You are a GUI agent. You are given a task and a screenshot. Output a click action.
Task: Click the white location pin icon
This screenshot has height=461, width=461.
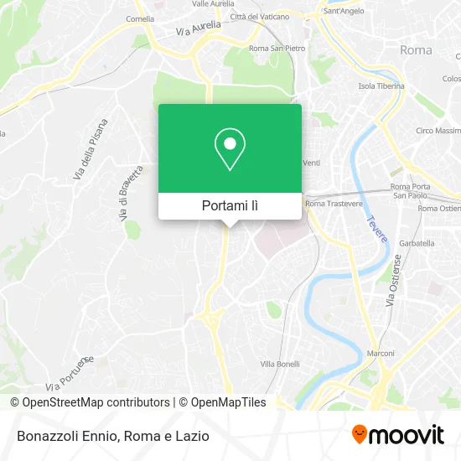[x=230, y=149]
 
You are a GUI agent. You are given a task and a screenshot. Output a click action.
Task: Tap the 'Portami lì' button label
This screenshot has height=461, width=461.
[x=230, y=205]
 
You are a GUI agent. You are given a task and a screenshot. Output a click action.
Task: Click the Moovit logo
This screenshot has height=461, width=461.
[x=398, y=435]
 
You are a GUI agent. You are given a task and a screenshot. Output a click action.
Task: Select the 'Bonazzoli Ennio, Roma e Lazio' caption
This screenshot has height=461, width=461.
[x=111, y=436]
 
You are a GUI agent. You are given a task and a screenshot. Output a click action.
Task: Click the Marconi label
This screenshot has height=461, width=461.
[x=381, y=353]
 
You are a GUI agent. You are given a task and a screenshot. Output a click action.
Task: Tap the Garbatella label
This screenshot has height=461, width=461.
[x=417, y=243]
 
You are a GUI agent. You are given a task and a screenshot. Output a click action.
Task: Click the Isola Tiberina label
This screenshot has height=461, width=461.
[x=381, y=85]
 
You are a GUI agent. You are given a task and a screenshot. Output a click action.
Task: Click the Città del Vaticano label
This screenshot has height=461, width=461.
[x=260, y=17]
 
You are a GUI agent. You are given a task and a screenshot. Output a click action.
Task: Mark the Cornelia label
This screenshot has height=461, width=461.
[x=139, y=17]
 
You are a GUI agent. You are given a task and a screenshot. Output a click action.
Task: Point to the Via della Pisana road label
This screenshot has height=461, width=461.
[x=91, y=149]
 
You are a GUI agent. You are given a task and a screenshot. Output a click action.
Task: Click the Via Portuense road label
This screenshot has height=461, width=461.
[x=70, y=372]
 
